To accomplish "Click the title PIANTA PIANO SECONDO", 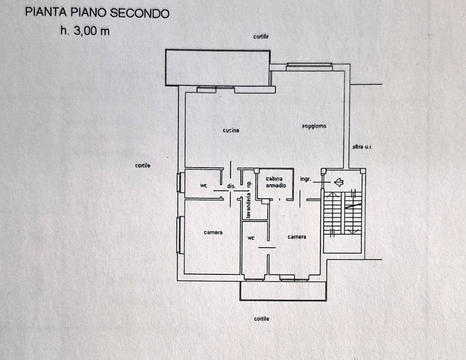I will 97,13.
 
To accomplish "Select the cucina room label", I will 231,130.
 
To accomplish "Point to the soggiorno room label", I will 313,126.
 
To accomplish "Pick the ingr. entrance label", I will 306,179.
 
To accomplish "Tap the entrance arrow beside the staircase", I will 338,181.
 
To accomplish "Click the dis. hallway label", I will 231,186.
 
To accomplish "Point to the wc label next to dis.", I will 203,186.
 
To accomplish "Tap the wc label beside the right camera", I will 251,238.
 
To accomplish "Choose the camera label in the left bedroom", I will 213,232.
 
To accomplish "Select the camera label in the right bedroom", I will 296,237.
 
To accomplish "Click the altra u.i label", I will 361,147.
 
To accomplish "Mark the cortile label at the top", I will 261,37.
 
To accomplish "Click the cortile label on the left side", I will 142,165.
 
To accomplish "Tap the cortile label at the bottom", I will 261,319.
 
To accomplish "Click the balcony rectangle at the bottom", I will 282,291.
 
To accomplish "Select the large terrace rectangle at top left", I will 218,67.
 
